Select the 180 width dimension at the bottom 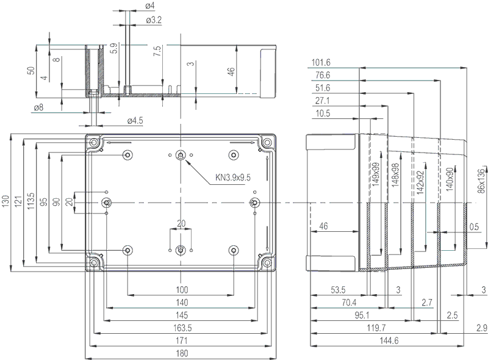[181, 353]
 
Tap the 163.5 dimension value [181, 328]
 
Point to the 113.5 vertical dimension [30, 203]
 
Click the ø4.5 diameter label [135, 120]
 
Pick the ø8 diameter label [38, 107]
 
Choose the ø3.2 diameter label [154, 20]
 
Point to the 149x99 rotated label [376, 174]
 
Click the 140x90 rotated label [450, 182]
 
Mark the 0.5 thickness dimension [475, 226]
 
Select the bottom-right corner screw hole [266, 262]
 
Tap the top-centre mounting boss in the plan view [181, 156]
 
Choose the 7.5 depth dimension [157, 52]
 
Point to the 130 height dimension [5, 203]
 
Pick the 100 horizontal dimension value [181, 289]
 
